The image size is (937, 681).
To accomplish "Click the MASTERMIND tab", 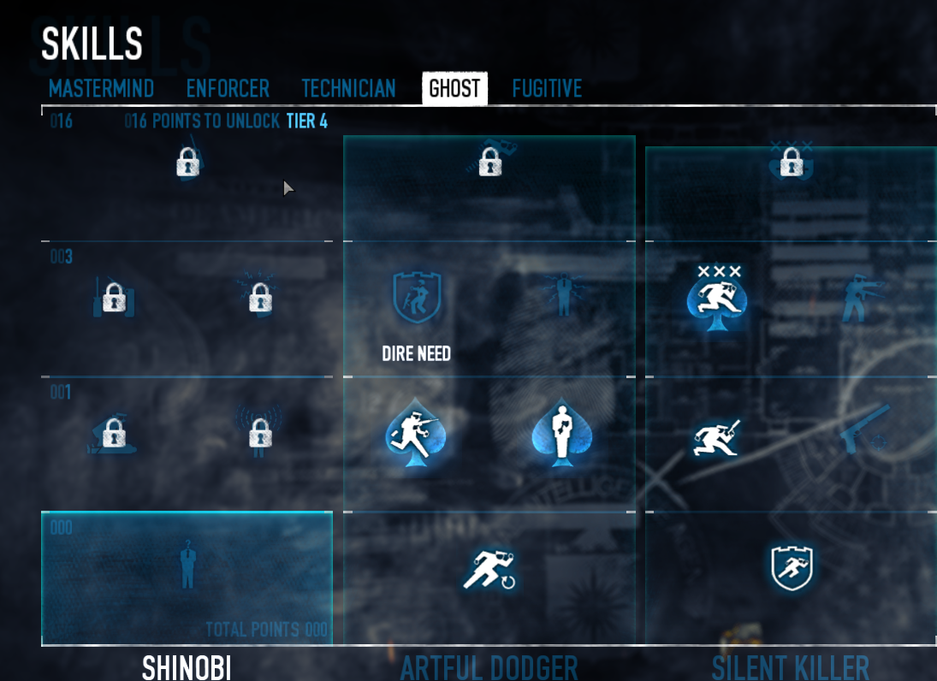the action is (101, 89).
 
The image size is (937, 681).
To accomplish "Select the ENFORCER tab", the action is (228, 89).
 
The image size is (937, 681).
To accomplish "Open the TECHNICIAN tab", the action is (348, 89).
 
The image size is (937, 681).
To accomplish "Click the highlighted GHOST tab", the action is (454, 89).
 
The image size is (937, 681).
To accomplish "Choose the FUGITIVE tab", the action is (547, 89).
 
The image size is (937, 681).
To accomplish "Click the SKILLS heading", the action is (92, 43).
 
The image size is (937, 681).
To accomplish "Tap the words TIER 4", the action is (307, 121).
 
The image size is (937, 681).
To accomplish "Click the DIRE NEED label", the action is (416, 353).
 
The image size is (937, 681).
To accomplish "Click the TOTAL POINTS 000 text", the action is (266, 631).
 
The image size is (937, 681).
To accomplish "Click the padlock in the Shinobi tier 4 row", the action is (187, 162).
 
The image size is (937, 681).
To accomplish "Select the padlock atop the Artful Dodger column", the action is (489, 161).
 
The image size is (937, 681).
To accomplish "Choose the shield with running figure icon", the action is (791, 567).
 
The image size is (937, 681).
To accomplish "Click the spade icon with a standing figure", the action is (561, 434).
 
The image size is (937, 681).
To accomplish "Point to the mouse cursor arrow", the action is (288, 187).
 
